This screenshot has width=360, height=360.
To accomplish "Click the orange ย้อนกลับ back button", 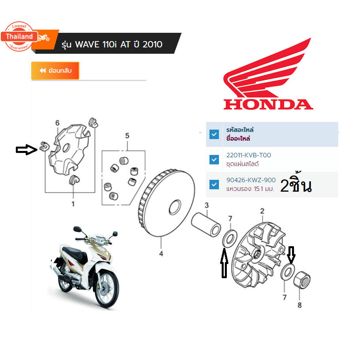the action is click(55, 70).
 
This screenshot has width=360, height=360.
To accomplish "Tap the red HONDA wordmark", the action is click(268, 104).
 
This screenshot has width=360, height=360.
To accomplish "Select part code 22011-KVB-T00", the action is click(249, 155).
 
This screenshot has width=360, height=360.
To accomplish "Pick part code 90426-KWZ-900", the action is click(251, 180).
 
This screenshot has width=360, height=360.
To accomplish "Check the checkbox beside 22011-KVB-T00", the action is click(214, 159).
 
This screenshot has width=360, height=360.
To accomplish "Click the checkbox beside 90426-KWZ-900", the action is click(214, 185).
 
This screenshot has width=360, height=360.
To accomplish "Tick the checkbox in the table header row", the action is click(214, 134).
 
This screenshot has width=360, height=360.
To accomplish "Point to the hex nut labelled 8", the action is click(302, 280).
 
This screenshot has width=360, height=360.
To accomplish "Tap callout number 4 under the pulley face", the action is click(161, 254).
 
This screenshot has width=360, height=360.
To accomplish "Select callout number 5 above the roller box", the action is click(127, 136).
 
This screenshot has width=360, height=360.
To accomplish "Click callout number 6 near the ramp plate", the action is click(57, 123).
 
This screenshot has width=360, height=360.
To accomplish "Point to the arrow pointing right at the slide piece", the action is click(26, 150).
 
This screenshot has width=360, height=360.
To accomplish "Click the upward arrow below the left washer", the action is click(224, 263).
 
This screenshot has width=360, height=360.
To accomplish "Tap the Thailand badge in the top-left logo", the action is click(19, 36).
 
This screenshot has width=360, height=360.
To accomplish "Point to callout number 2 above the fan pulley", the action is click(262, 211).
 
